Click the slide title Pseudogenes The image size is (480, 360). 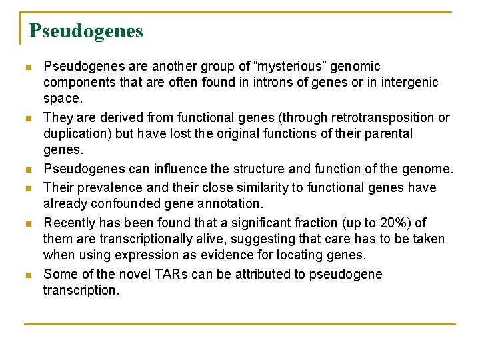86,31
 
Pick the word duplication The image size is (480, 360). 77,133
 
